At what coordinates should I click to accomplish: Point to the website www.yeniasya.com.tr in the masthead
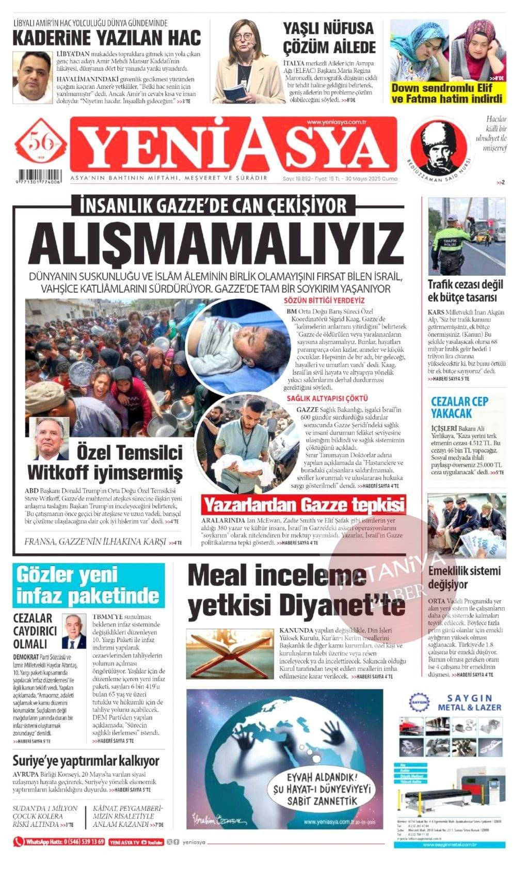tap(336, 122)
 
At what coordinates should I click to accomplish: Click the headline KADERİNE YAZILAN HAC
tap(106, 38)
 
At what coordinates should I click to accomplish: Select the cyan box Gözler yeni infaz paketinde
tap(88, 586)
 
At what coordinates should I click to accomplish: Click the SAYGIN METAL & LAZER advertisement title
tap(469, 703)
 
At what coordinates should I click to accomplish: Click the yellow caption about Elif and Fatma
tap(446, 93)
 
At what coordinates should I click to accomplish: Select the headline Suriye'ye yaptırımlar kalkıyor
tap(86, 760)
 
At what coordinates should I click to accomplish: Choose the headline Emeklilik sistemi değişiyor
tap(464, 577)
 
